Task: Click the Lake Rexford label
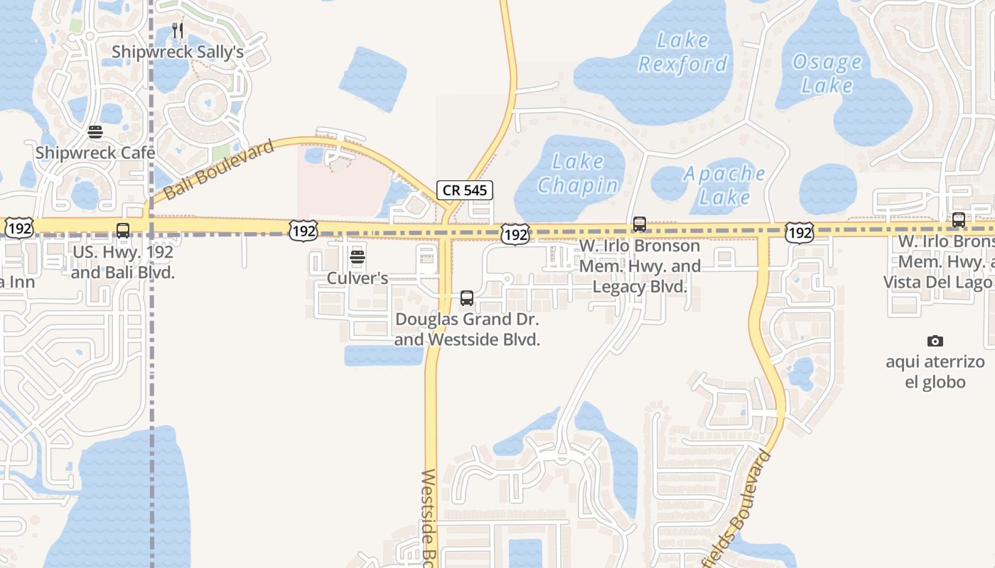click(683, 53)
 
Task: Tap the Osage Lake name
click(827, 74)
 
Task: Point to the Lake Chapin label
click(578, 173)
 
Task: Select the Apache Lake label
click(724, 185)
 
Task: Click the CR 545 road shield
click(465, 190)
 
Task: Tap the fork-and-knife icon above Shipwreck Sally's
click(178, 31)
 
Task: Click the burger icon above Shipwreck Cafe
click(95, 132)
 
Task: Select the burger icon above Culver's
click(357, 256)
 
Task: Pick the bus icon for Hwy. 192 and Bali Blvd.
click(123, 230)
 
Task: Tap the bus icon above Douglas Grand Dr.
click(467, 298)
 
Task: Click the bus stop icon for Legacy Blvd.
click(640, 224)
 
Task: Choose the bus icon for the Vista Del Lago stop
click(959, 220)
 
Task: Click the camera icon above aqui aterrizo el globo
click(935, 342)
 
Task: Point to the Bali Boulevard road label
click(219, 170)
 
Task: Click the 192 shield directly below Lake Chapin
click(515, 234)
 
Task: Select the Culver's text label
click(357, 278)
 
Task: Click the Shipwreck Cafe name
click(95, 153)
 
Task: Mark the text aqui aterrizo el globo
click(935, 372)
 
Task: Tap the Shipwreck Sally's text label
click(178, 53)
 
